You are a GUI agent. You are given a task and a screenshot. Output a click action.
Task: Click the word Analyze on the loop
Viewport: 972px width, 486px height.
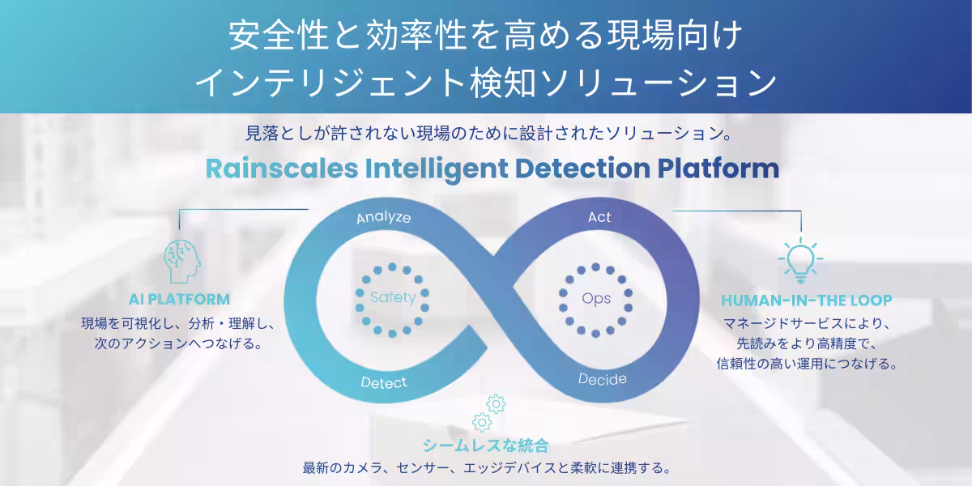384,217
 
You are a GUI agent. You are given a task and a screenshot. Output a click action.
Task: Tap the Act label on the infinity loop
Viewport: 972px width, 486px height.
599,217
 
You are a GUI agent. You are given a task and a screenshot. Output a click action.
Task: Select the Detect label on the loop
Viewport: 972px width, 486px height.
384,382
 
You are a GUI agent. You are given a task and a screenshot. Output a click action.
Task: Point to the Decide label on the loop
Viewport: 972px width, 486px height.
603,379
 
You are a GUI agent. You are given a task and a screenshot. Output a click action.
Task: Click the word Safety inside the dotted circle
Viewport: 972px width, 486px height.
393,298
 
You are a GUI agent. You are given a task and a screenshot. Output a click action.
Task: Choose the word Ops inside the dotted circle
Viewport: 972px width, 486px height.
596,299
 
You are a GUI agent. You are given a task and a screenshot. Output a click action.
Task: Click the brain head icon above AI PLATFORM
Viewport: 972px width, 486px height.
182,262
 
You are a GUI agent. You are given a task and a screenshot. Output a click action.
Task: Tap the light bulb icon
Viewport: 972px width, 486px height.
800,260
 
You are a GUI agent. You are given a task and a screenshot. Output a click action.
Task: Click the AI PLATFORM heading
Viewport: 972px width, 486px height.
179,300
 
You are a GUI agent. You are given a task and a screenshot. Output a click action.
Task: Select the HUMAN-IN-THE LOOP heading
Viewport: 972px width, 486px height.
806,301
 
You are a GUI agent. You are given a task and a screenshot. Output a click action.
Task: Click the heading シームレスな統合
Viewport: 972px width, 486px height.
486,446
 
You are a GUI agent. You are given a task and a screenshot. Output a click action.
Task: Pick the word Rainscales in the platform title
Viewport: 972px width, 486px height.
282,168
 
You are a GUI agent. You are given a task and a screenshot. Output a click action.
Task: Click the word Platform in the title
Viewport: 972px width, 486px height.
718,168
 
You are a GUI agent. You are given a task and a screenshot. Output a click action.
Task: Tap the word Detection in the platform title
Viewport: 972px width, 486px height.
582,168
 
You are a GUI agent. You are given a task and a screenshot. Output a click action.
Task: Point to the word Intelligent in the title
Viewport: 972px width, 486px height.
437,169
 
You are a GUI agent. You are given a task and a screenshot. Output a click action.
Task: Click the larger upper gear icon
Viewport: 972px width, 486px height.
496,404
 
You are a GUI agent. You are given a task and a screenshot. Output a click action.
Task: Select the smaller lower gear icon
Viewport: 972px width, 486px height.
482,422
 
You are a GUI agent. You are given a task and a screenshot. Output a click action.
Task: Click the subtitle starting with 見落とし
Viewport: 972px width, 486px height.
489,134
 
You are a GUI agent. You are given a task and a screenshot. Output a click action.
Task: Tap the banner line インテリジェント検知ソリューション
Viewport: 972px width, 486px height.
486,83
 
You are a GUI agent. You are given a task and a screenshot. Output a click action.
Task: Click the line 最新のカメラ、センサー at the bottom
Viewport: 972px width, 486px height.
487,468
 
